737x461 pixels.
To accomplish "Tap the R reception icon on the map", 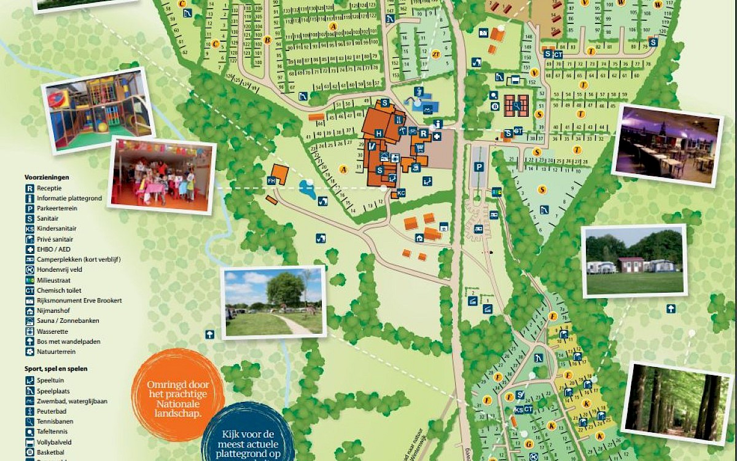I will pyautogui.click(x=423, y=132).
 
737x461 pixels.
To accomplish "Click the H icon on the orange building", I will pyautogui.click(x=379, y=133).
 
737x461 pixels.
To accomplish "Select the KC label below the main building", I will pyautogui.click(x=401, y=193).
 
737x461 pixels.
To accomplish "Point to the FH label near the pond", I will pyautogui.click(x=271, y=181).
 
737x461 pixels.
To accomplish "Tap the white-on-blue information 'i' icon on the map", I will pyautogui.click(x=437, y=124).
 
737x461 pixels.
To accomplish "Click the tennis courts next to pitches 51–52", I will pyautogui.click(x=517, y=105).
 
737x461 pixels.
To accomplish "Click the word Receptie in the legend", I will pyautogui.click(x=49, y=188).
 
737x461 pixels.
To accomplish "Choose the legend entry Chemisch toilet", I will pyautogui.click(x=58, y=290).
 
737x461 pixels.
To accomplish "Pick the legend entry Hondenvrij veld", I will pyautogui.click(x=60, y=270).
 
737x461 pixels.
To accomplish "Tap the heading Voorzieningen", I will pyautogui.click(x=47, y=177).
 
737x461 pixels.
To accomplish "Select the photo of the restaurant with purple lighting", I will pyautogui.click(x=668, y=144).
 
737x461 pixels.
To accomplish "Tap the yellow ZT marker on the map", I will pyautogui.click(x=436, y=53).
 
